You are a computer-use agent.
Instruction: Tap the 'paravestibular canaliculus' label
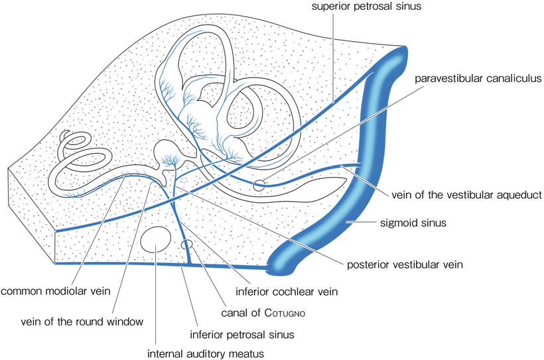[476, 80]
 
